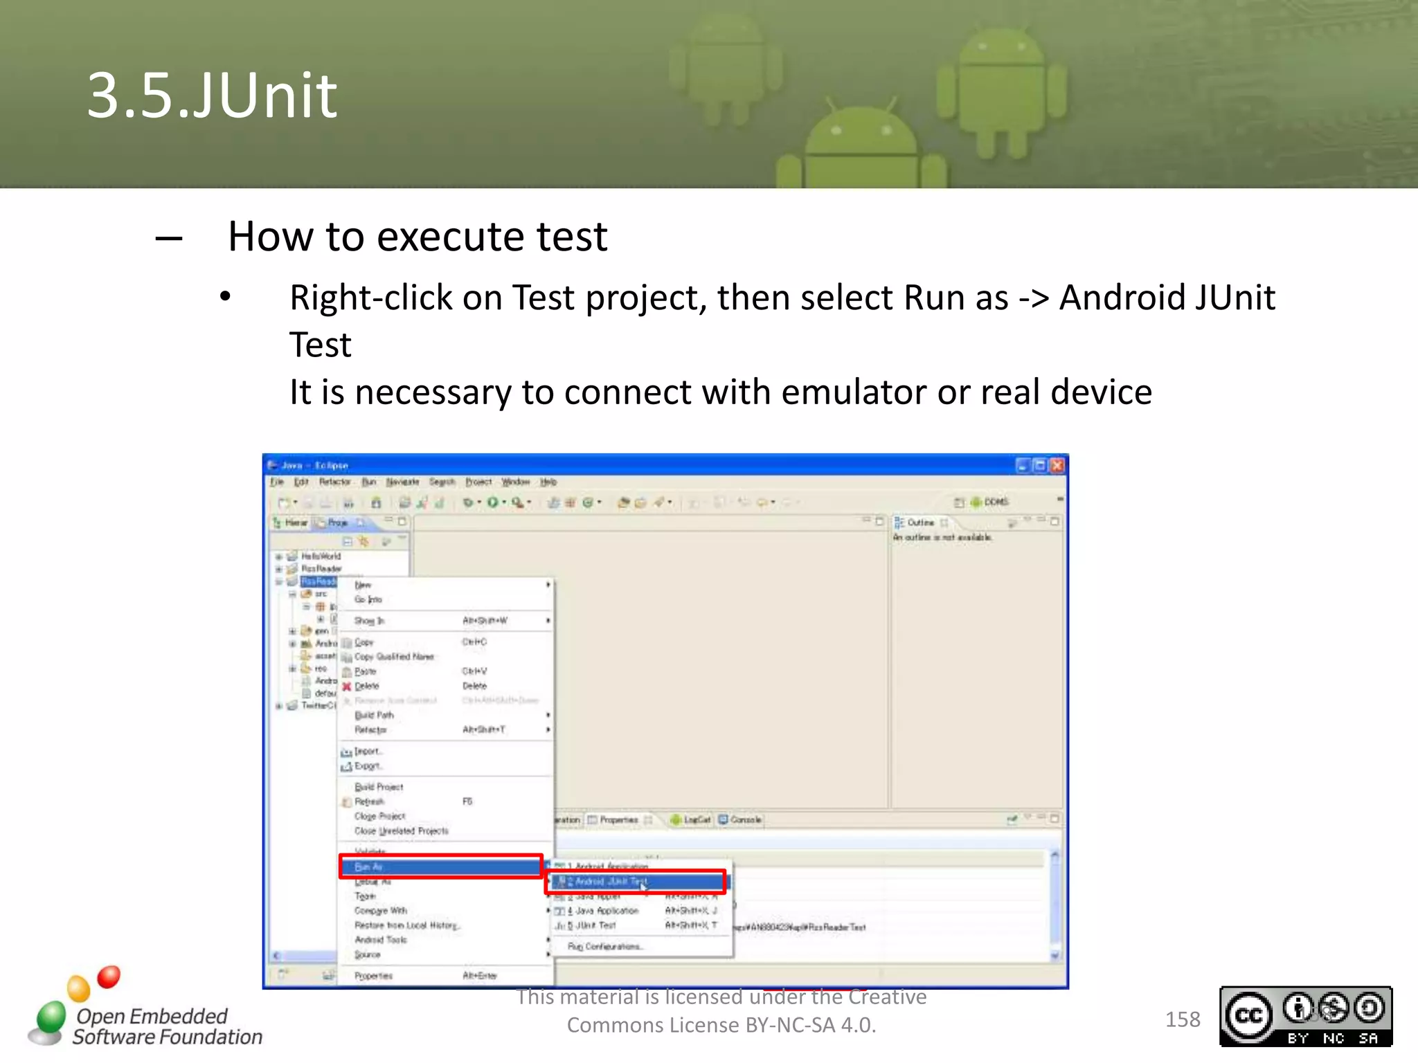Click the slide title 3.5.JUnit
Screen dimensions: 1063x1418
(212, 96)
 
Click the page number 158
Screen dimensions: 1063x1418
(1182, 1019)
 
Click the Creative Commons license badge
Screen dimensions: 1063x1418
(1305, 1017)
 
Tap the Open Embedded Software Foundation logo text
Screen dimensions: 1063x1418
(166, 1026)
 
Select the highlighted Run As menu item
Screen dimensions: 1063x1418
(440, 866)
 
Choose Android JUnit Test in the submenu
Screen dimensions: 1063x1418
(635, 882)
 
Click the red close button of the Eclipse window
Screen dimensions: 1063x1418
(1057, 466)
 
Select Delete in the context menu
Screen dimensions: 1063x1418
(367, 686)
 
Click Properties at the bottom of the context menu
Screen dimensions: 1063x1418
(374, 976)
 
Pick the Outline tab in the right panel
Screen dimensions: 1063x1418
(919, 523)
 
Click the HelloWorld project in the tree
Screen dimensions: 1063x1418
(321, 556)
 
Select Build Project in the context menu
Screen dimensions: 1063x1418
(379, 787)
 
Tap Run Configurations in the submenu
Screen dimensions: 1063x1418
(605, 947)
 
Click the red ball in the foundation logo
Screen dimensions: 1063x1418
(109, 976)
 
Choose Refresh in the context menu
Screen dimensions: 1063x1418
(369, 801)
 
